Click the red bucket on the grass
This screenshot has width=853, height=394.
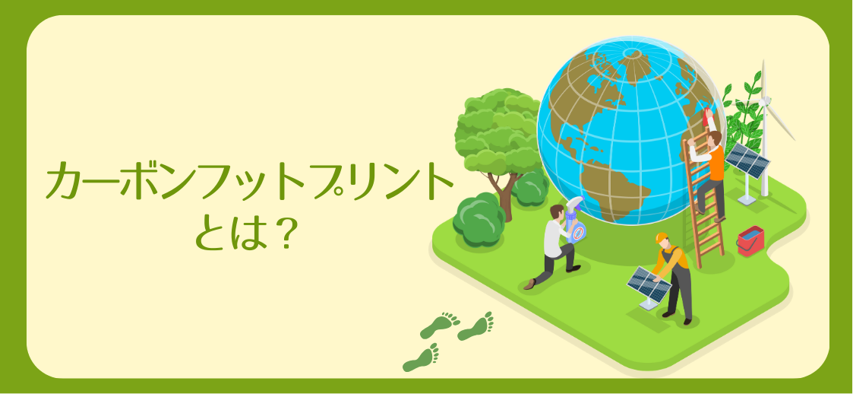(750, 240)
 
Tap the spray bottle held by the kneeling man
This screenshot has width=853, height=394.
(575, 220)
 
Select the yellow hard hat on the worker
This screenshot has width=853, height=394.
(662, 238)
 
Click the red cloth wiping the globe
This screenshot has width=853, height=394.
(708, 116)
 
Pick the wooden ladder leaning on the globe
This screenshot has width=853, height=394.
(703, 199)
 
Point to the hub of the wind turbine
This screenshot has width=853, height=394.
(765, 101)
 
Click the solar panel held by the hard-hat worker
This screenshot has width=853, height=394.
(649, 284)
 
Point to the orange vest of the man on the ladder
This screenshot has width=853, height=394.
(717, 163)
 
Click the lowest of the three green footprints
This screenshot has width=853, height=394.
(421, 358)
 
